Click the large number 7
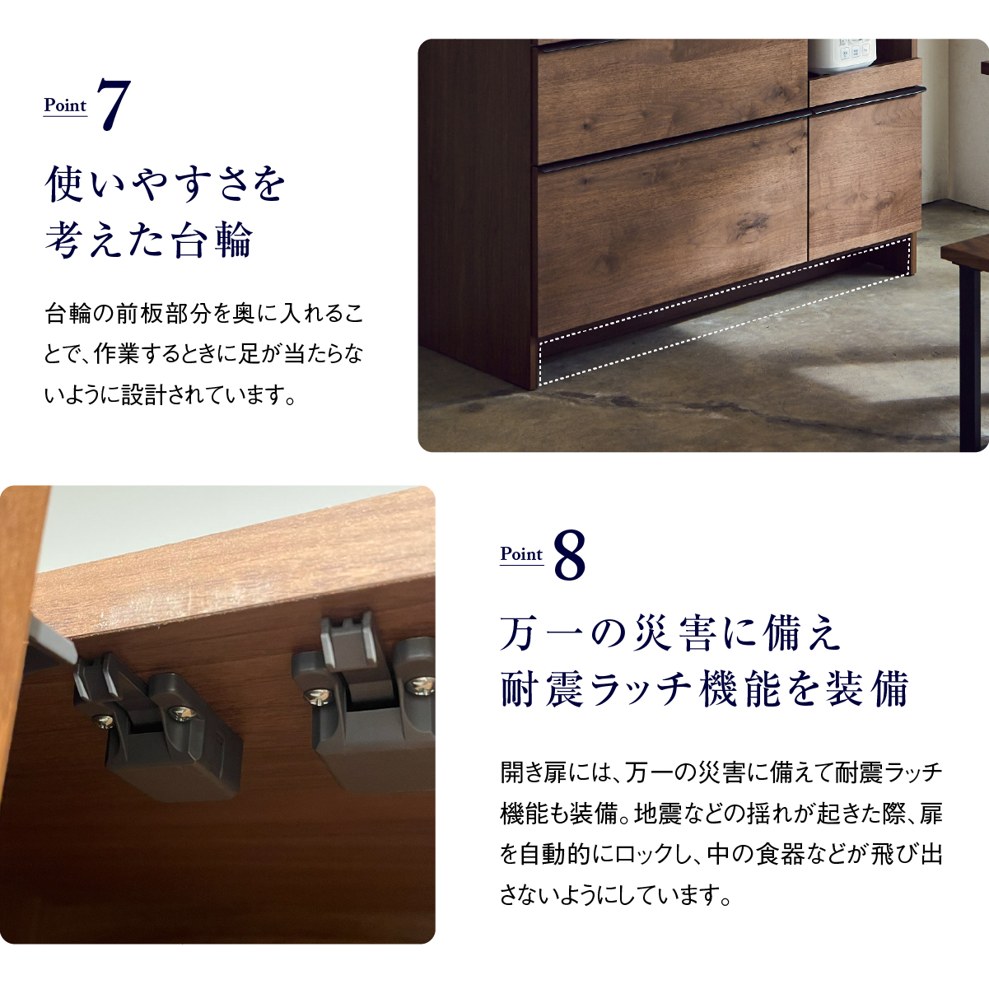114,105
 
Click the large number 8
570,555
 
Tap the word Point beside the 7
65,105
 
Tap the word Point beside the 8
521,554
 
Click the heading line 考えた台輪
149,240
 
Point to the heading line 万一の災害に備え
670,634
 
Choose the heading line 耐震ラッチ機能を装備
705,688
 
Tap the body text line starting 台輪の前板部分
204,314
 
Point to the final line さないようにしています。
615,896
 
